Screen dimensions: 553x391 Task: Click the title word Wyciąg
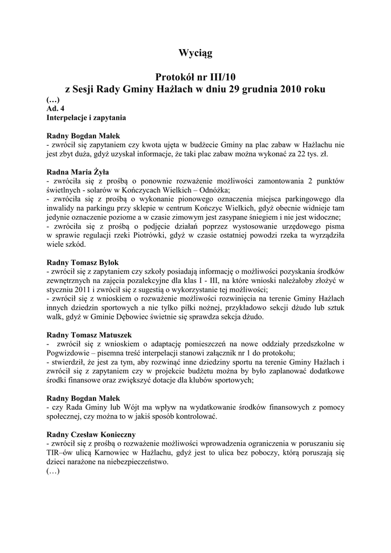[195, 53]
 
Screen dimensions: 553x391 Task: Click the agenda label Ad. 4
[56, 108]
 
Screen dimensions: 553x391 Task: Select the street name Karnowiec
[123, 453]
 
